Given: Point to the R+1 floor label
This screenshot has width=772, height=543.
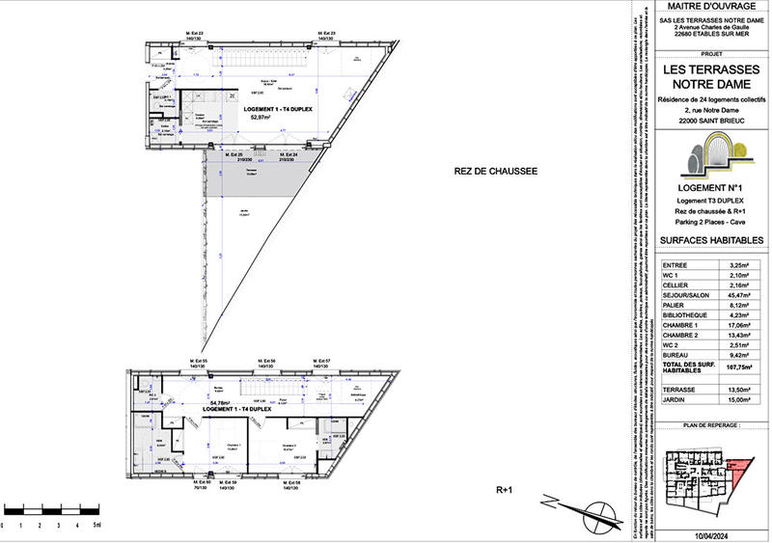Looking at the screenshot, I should point(503,491).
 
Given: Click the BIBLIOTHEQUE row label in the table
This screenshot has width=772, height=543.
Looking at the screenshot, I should point(685,315).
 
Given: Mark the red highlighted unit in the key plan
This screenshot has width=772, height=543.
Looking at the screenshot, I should point(742,473).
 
